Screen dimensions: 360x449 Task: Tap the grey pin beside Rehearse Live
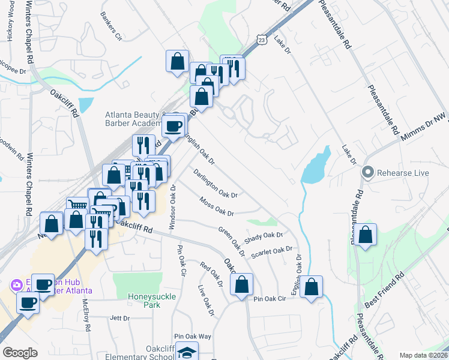tap(369, 173)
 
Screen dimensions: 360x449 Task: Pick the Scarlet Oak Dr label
tap(272, 251)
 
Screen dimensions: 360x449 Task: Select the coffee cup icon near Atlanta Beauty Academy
tap(173, 125)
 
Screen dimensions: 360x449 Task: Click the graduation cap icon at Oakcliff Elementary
tap(188, 352)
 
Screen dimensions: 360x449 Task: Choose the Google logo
tap(20, 353)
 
